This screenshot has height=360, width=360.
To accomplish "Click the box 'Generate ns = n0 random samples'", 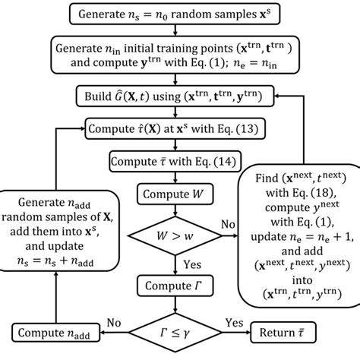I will (x=175, y=13).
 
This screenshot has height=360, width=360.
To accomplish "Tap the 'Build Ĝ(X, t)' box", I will (x=175, y=96).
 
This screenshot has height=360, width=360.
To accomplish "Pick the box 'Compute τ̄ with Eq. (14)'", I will (x=175, y=161).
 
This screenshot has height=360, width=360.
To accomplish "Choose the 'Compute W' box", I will (x=175, y=194).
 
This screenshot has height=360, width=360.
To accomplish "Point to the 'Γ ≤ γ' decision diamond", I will (x=175, y=330).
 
